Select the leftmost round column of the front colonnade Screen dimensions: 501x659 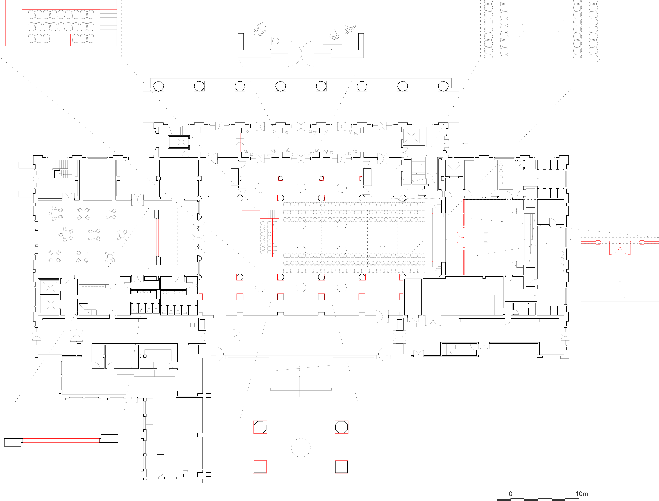coord(158,86)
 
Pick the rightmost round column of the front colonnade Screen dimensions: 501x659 coord(443,86)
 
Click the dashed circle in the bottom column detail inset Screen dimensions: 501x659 coord(301,448)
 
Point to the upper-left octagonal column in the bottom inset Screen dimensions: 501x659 coord(260,427)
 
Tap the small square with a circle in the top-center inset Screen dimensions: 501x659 coord(276,41)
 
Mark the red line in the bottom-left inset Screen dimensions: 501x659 coord(61,440)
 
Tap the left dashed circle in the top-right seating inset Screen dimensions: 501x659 coord(514,29)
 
